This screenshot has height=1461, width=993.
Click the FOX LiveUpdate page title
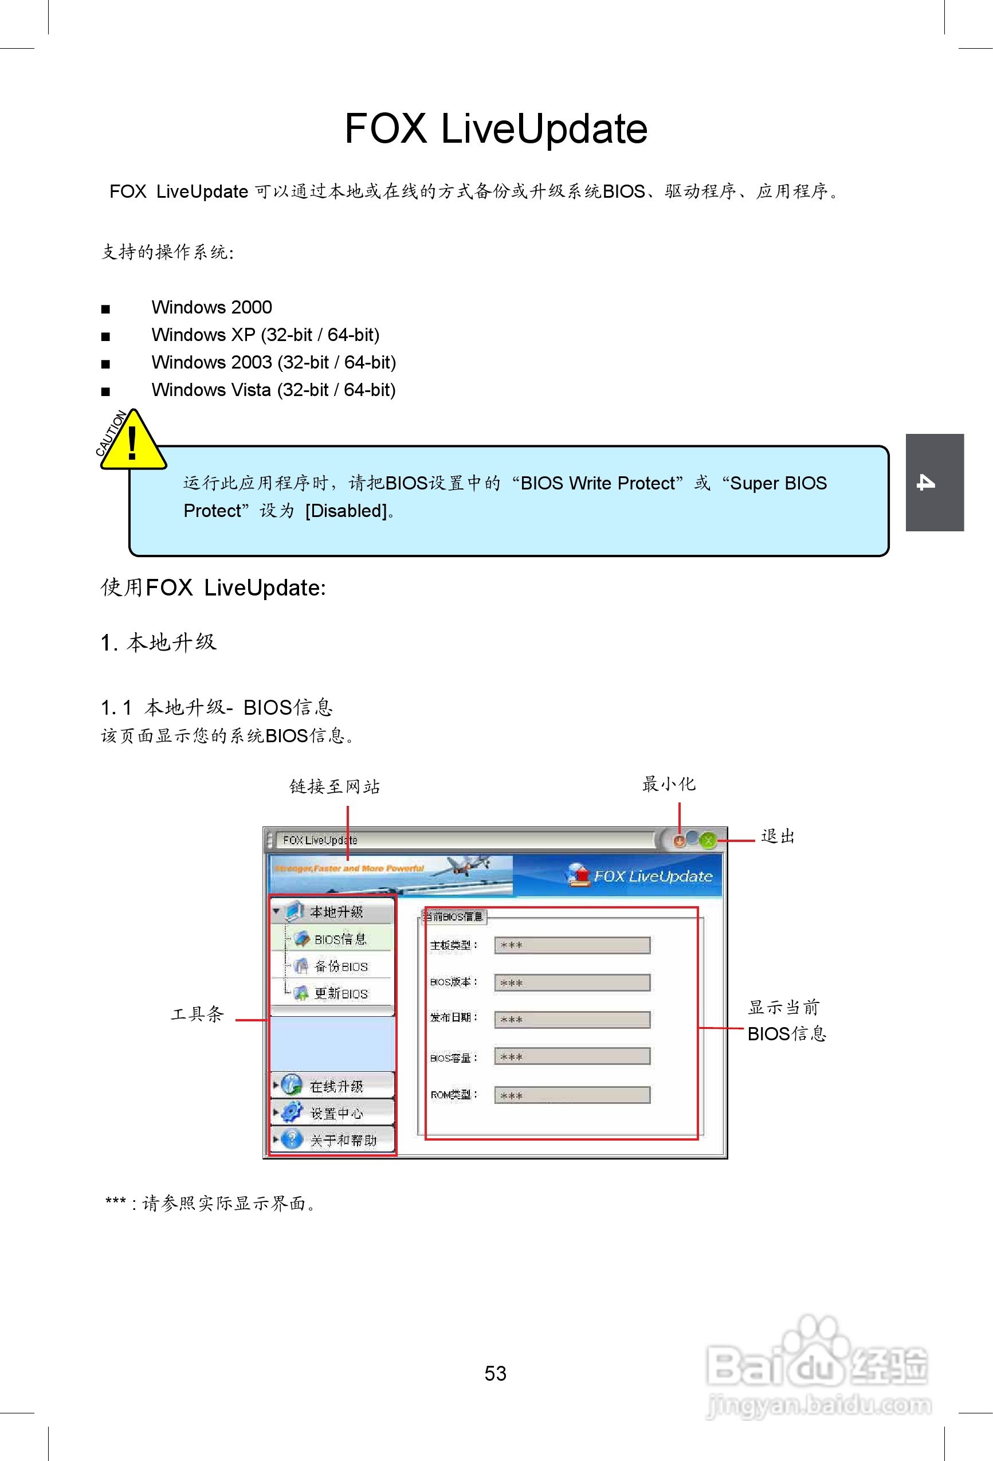tap(496, 129)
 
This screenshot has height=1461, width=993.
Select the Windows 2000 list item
tap(211, 307)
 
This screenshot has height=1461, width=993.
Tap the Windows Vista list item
tap(273, 390)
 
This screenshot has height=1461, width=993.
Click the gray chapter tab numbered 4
tap(934, 482)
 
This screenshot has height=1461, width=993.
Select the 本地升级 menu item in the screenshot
tap(336, 912)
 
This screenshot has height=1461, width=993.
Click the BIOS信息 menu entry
tap(339, 939)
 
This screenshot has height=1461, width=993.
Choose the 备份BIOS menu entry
tap(340, 966)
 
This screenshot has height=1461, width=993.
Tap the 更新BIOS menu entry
tap(340, 993)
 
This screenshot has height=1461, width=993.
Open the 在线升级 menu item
tap(336, 1086)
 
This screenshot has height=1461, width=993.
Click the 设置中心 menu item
tap(336, 1113)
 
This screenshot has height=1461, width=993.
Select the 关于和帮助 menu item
tap(343, 1141)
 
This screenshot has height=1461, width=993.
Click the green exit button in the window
tap(708, 840)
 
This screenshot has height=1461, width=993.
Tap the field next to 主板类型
tap(572, 946)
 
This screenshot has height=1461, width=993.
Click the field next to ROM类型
tap(572, 1096)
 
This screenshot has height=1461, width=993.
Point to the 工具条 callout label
tap(197, 1014)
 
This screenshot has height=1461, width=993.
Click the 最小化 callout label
tap(669, 784)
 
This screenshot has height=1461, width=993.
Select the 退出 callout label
tap(778, 837)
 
